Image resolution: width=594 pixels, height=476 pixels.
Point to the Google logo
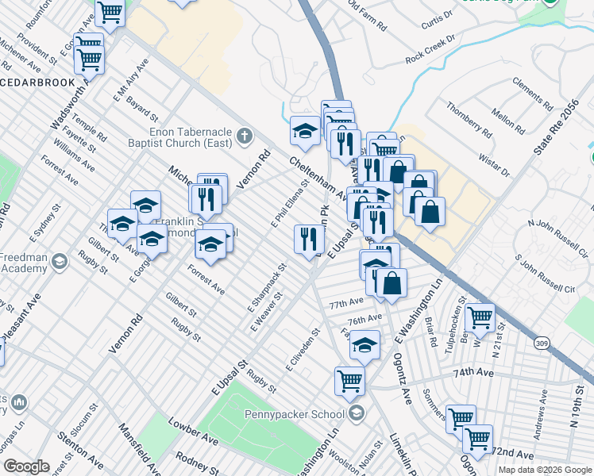tap(26, 466)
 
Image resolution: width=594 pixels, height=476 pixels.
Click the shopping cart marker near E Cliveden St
tap(349, 380)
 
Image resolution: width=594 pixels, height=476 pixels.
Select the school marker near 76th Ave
tap(364, 344)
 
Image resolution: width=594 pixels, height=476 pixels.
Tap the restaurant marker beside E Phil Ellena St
tap(309, 238)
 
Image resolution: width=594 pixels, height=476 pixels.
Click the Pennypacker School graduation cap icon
tap(357, 413)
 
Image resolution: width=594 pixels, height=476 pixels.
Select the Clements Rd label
tap(532, 94)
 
